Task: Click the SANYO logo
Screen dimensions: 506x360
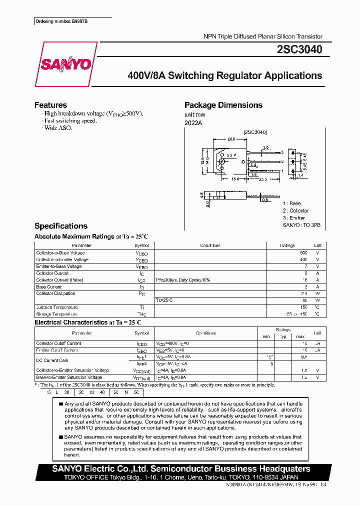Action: (x=65, y=64)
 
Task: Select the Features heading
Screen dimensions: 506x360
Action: (x=50, y=105)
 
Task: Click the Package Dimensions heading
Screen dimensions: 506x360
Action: (x=223, y=105)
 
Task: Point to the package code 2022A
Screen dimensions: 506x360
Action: (x=193, y=123)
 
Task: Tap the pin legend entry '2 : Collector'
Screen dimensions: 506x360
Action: (x=295, y=210)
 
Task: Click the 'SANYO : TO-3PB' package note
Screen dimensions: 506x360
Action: (x=301, y=225)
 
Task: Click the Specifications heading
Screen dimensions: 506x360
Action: (x=60, y=226)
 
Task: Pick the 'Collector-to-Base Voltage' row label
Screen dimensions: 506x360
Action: (x=60, y=253)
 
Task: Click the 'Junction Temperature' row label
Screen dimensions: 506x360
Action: (x=56, y=307)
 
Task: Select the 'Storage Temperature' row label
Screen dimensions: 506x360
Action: (x=56, y=314)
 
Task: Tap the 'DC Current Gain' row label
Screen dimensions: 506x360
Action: (x=52, y=360)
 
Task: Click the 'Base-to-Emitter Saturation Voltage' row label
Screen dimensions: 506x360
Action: (x=69, y=377)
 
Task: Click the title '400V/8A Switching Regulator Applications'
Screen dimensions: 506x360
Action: (x=225, y=76)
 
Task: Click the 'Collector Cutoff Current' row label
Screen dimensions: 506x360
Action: (x=58, y=343)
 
